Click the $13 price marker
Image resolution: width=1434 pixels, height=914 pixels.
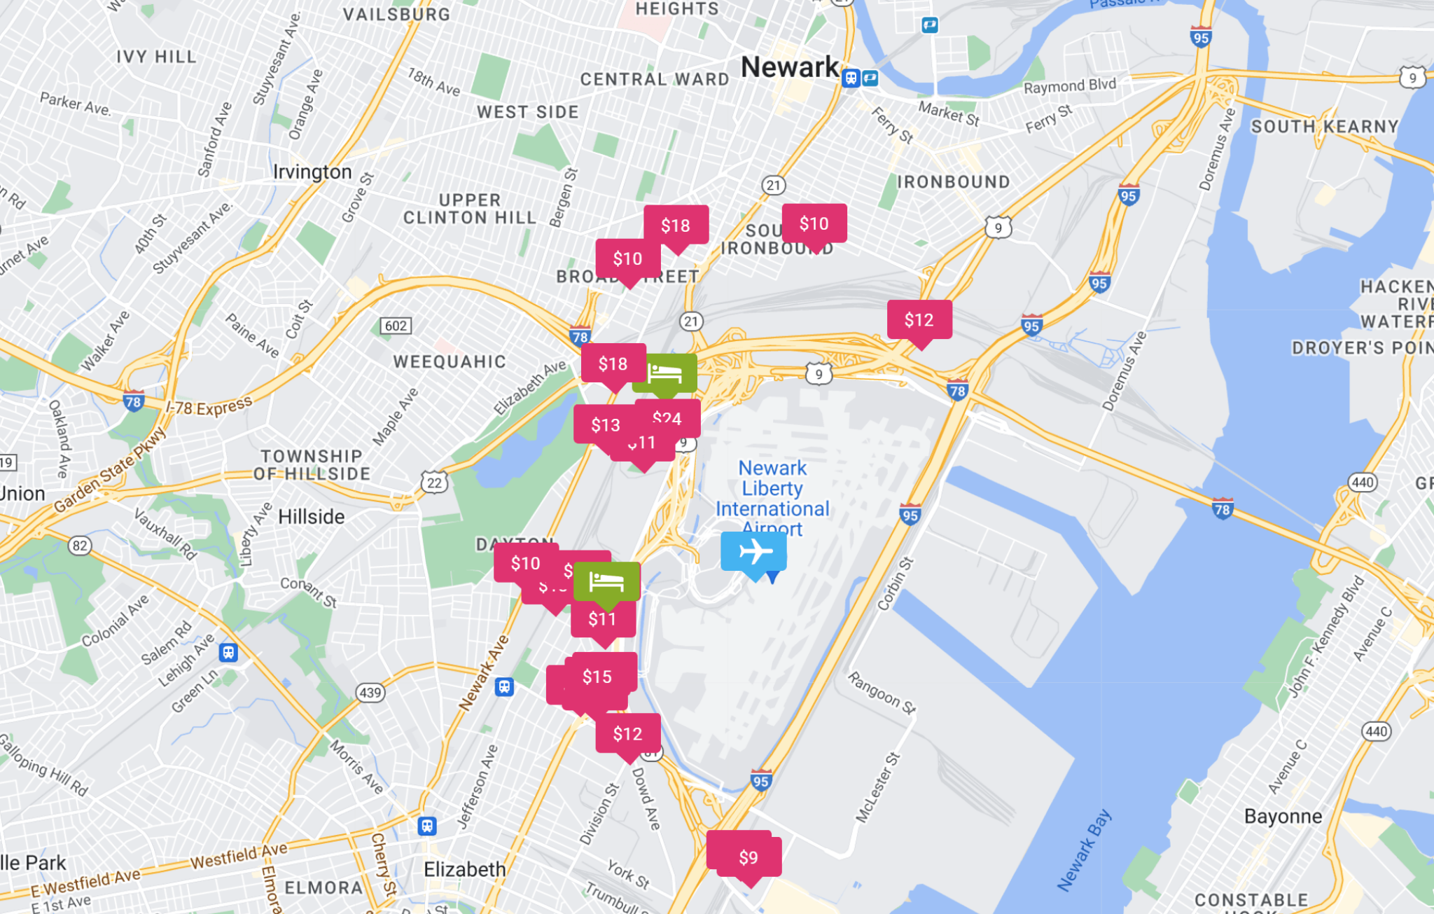tap(604, 425)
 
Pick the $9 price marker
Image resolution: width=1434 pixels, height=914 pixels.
tap(748, 857)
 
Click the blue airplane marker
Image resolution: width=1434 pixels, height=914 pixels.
tap(754, 552)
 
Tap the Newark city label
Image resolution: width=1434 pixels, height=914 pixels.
tap(789, 68)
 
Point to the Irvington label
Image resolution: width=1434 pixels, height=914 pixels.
tap(312, 172)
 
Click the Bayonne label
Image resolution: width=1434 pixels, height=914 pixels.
tap(1283, 817)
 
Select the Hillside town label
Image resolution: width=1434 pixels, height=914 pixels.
tap(311, 517)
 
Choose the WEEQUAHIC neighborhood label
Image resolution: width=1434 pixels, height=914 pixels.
tap(450, 362)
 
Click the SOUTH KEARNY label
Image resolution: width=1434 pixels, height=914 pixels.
tap(1324, 127)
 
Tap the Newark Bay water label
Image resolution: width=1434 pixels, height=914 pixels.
tap(1083, 850)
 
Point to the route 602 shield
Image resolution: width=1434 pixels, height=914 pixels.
tap(396, 326)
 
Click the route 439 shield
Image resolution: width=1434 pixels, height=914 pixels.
tap(370, 693)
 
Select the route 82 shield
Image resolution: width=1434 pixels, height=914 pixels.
tap(80, 546)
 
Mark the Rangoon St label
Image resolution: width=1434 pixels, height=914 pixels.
tap(882, 693)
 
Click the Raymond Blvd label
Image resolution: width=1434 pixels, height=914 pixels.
tap(1069, 86)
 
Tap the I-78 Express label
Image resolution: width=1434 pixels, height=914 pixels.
tap(209, 407)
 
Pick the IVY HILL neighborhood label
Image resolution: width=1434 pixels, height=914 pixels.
tap(156, 57)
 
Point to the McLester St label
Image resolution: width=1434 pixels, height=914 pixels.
tap(877, 787)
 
